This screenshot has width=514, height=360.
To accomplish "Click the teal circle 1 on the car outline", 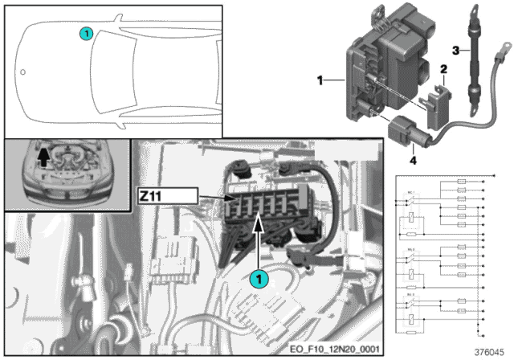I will pos(86,33).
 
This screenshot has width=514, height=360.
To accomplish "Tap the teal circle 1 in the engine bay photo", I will pos(258,279).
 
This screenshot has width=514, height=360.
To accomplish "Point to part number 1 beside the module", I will pos(320,80).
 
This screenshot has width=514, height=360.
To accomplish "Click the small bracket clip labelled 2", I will pos(438,102).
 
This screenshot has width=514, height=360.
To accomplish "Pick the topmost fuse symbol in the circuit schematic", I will pos(461,183).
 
